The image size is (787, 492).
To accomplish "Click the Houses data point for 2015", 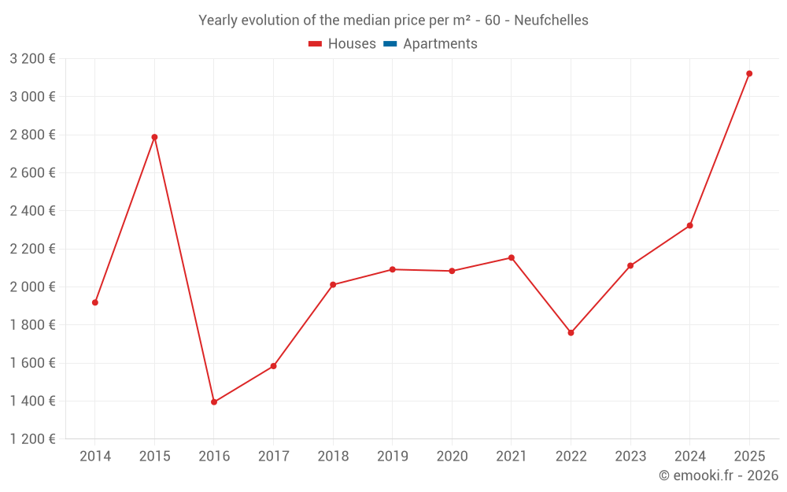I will (x=154, y=137).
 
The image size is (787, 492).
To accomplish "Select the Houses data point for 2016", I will (x=214, y=402).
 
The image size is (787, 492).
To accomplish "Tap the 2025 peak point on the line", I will (x=749, y=73).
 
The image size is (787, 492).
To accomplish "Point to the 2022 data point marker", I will (x=571, y=333).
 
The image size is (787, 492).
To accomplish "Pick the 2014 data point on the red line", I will (x=95, y=302).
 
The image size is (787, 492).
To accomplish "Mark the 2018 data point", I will (x=333, y=284).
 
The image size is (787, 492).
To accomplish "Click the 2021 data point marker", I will (x=512, y=257).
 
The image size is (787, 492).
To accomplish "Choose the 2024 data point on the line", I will (x=690, y=226).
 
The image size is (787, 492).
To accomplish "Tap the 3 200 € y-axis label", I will (x=32, y=59).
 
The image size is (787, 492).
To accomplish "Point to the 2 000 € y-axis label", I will (x=32, y=287).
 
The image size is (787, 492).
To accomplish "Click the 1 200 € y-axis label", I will (x=32, y=439).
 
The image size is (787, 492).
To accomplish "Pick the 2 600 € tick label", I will (x=32, y=173).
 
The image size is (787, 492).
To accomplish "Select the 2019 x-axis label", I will (x=393, y=457).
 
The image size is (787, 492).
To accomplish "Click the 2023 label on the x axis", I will (x=630, y=457).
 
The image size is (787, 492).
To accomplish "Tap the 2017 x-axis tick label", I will (x=273, y=457).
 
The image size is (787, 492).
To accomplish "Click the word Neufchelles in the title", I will (x=551, y=20).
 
